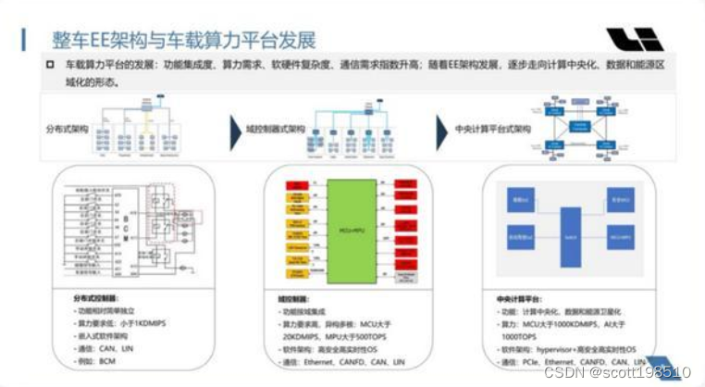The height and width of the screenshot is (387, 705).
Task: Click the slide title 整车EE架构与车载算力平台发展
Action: tap(184, 40)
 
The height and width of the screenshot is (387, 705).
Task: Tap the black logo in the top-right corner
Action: tap(635, 39)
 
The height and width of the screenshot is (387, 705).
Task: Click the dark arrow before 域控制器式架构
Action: tap(234, 127)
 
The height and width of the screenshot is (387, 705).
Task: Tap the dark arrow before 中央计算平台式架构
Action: tap(443, 127)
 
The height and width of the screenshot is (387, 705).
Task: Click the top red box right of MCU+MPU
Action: tap(408, 185)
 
